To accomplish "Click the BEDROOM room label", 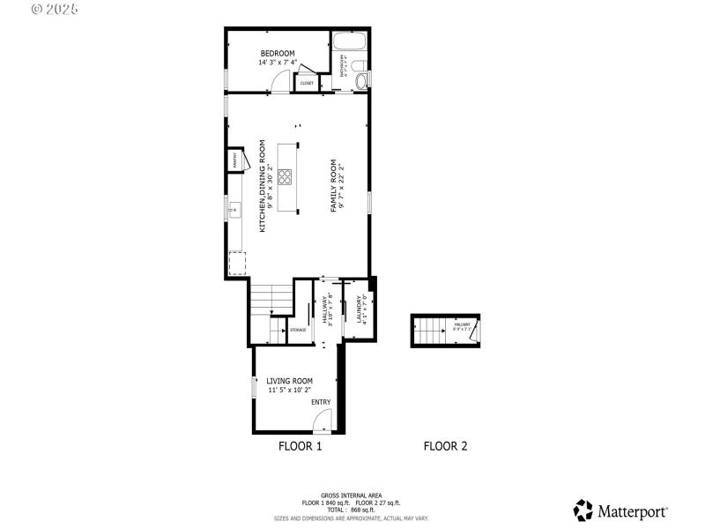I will pos(277,54).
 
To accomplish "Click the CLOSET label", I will pos(307,83).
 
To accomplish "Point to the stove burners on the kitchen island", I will pos(286,176).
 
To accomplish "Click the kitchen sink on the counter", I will pos(234,209).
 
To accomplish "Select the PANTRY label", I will pos(235,160).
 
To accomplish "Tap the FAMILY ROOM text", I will pos(334,185).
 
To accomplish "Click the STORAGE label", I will pos(298,331).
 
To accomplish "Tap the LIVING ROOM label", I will pos(289,381).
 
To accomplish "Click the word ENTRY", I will pos(321,402).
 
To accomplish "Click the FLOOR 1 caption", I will pos(301,446).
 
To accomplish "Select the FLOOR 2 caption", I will pos(445,446).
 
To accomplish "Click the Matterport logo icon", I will pos(583,510).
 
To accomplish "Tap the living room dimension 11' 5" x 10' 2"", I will pos(289,391).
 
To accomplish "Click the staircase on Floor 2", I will pos(430,332).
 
